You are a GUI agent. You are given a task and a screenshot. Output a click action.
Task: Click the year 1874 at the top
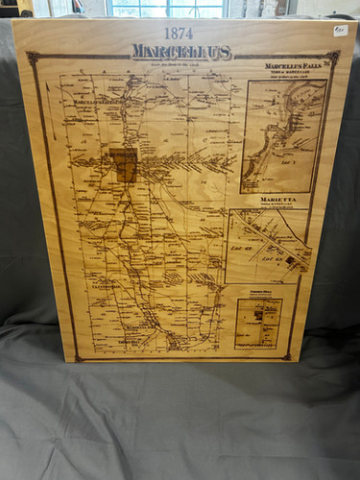click(x=178, y=33)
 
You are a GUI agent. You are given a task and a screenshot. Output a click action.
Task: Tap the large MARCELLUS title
click(x=182, y=51)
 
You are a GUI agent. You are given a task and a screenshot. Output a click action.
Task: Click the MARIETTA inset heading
click(x=277, y=199)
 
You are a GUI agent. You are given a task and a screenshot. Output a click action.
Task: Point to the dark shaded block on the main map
click(x=123, y=164)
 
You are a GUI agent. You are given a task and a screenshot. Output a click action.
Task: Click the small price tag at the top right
click(x=340, y=30)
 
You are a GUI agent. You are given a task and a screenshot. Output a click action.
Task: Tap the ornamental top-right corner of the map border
click(x=332, y=57)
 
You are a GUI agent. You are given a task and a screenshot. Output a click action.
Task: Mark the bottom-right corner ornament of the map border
click(x=287, y=355)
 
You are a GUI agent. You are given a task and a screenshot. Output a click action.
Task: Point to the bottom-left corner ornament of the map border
click(x=79, y=358)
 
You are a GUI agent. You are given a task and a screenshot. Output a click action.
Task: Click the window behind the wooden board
click(x=169, y=8)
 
